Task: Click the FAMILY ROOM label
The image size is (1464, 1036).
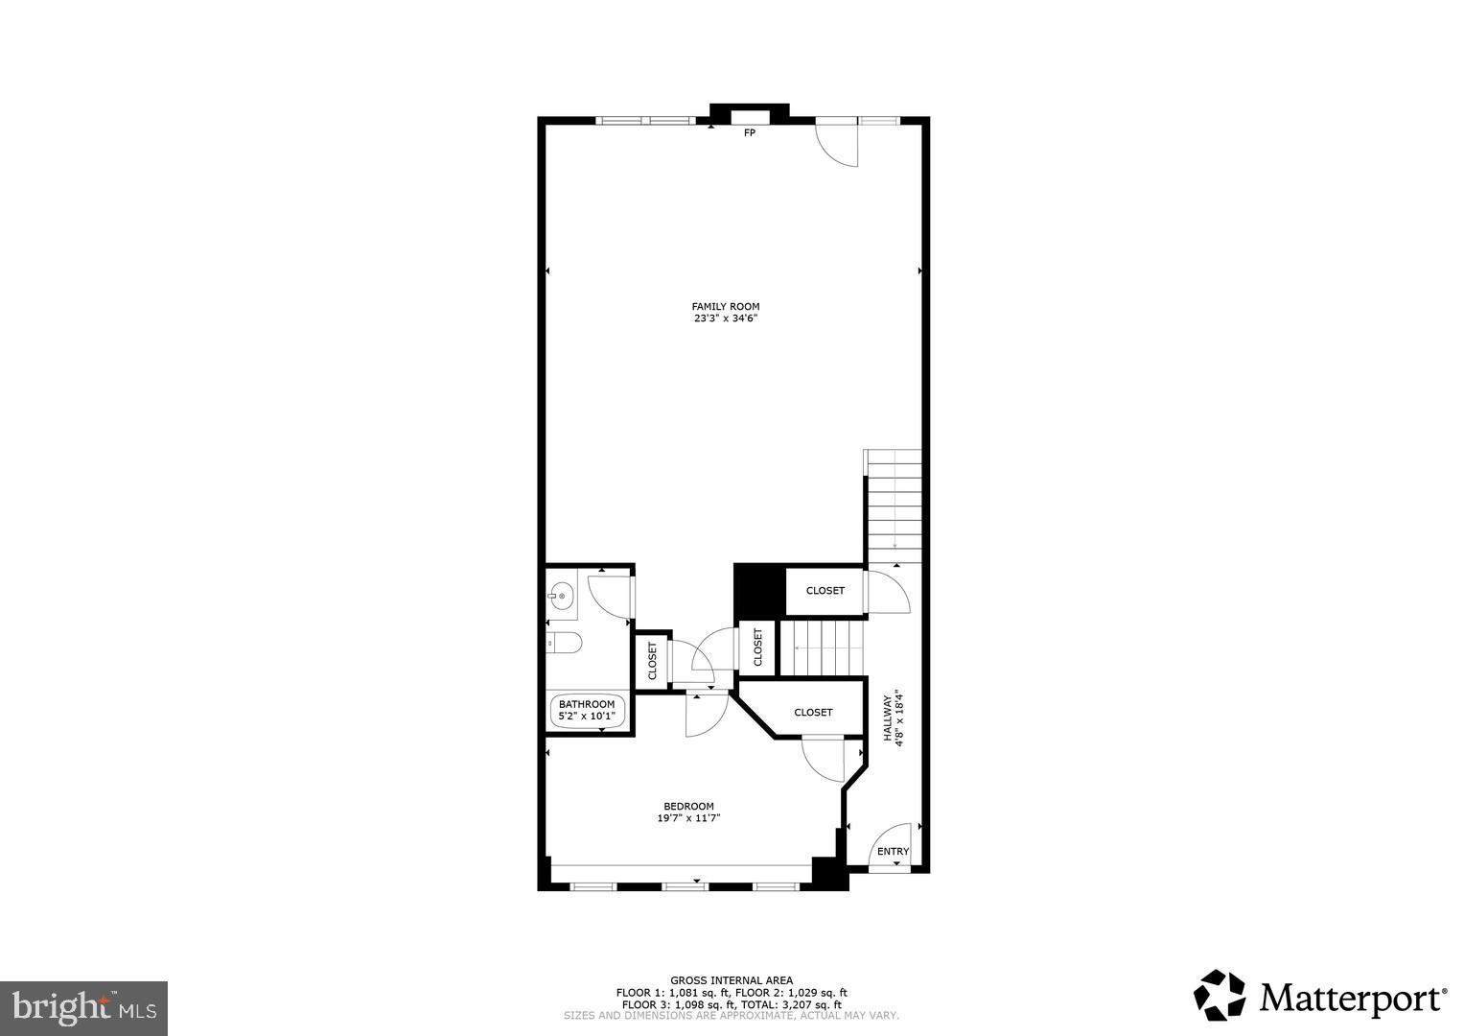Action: click(x=725, y=307)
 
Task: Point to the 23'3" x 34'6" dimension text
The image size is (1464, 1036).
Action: click(x=725, y=318)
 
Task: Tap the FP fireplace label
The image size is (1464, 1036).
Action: click(x=750, y=132)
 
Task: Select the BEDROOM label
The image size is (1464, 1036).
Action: click(x=688, y=806)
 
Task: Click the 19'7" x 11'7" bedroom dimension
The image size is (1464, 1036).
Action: click(x=688, y=818)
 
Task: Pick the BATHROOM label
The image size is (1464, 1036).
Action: click(x=587, y=704)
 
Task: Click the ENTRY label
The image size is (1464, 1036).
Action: click(x=893, y=852)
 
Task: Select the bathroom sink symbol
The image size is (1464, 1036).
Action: click(x=562, y=596)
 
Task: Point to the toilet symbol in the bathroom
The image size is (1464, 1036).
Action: click(x=564, y=643)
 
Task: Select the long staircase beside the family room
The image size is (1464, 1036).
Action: click(x=894, y=506)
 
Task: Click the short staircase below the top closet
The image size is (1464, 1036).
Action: click(x=822, y=648)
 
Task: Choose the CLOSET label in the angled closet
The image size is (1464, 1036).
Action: click(x=813, y=712)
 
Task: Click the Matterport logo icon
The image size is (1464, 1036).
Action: click(x=1219, y=996)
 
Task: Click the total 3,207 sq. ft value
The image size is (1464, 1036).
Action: click(x=814, y=1004)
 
